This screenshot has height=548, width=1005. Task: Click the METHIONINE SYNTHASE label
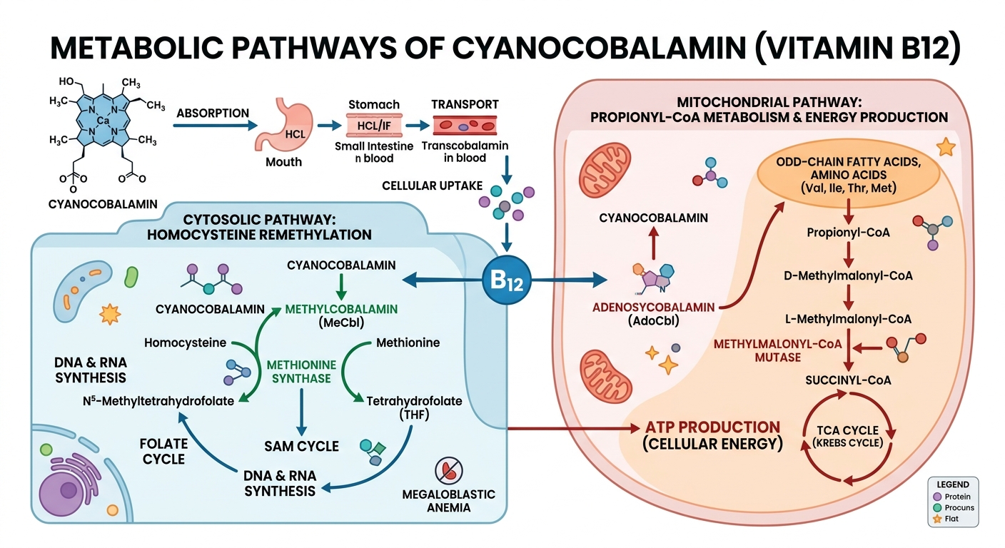click(298, 371)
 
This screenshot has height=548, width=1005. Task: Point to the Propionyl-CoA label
click(847, 233)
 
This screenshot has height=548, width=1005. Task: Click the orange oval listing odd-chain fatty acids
click(847, 175)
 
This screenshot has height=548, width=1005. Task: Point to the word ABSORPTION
click(212, 113)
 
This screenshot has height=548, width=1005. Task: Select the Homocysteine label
click(185, 342)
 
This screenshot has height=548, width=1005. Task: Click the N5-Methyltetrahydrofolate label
click(158, 401)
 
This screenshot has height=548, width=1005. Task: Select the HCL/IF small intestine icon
click(367, 126)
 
